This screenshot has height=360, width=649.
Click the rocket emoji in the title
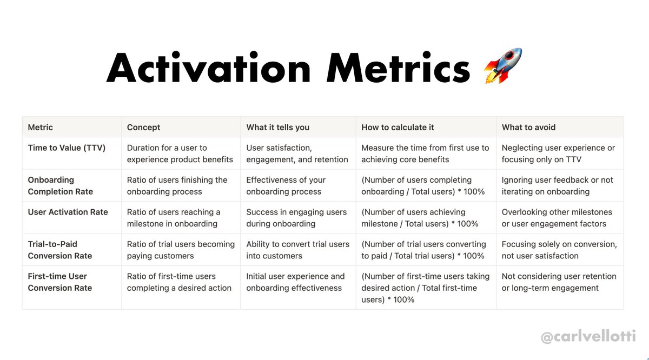point(503,66)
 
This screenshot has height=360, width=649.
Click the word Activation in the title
point(208,69)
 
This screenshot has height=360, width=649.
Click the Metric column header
point(41,128)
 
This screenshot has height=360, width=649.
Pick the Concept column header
point(144,128)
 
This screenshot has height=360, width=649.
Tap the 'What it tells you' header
point(278,128)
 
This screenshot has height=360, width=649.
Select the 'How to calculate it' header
point(398,128)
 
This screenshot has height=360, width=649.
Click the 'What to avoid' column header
point(528,128)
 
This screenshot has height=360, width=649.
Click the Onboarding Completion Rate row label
point(61,185)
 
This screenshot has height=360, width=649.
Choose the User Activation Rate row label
point(68,212)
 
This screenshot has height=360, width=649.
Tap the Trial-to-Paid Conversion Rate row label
point(60,250)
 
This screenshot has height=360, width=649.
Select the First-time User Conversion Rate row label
point(60,282)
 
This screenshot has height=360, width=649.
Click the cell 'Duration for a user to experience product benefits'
point(180,154)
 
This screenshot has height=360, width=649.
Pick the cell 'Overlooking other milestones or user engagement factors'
point(557,218)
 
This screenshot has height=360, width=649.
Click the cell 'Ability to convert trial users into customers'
point(298,250)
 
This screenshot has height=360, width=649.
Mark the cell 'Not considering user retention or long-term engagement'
point(559,282)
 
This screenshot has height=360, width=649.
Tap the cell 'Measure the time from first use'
point(425,154)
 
